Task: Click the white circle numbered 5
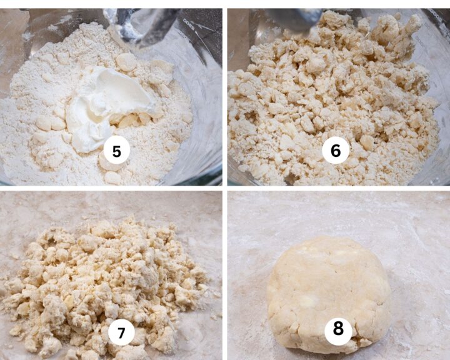click(x=116, y=151)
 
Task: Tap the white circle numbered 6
click(x=335, y=151)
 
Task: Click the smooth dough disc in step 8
click(x=325, y=287)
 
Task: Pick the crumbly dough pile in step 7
click(x=106, y=281)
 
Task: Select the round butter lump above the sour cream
click(x=127, y=61)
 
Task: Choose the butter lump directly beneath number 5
click(x=112, y=177)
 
